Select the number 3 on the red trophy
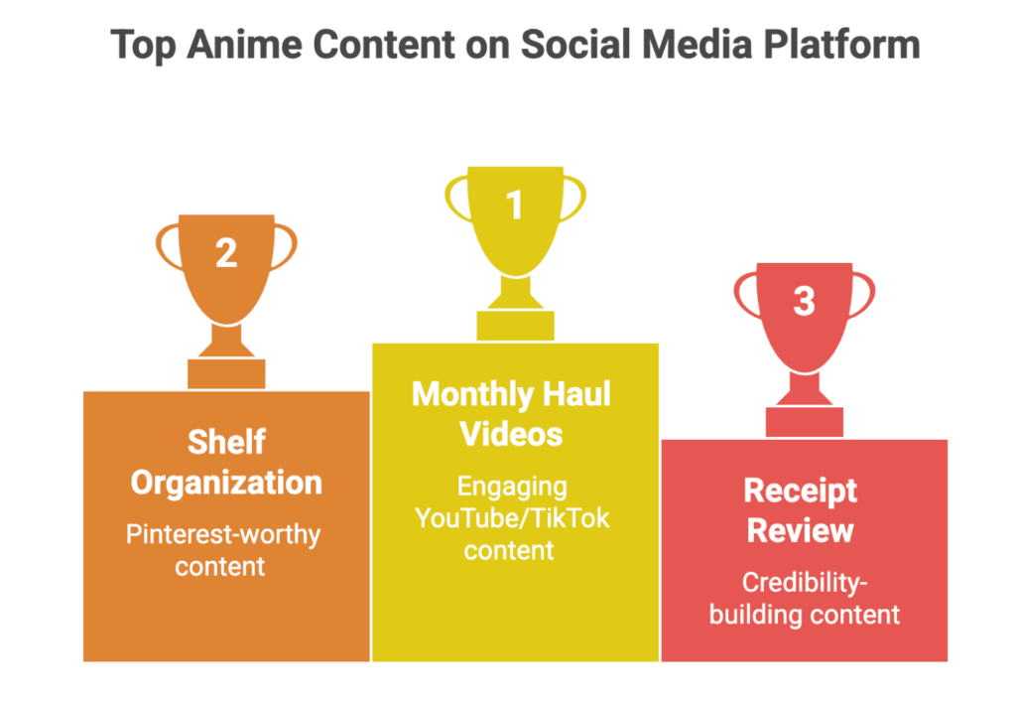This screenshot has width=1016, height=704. click(804, 301)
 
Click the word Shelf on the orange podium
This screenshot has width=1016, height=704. click(226, 442)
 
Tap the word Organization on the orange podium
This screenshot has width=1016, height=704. click(226, 483)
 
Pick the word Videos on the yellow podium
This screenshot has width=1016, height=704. click(514, 434)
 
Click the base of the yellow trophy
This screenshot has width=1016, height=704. click(515, 325)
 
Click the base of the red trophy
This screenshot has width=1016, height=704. click(804, 421)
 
